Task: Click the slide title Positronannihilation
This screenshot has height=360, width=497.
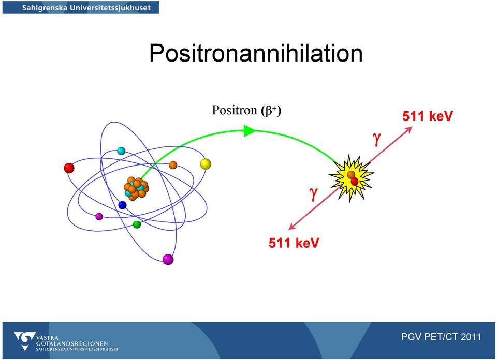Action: [x=256, y=53]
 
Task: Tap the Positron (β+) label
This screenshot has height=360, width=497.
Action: [x=246, y=111]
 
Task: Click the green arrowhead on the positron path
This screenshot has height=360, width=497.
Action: [x=250, y=131]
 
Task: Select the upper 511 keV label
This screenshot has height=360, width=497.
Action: [x=428, y=116]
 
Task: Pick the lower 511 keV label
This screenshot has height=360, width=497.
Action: [x=294, y=243]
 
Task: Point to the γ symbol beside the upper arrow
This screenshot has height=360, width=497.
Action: [x=376, y=139]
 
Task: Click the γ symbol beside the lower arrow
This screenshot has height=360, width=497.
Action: [x=314, y=193]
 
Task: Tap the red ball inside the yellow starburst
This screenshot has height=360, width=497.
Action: [x=355, y=181]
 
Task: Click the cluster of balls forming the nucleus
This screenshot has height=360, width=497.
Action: [x=136, y=188]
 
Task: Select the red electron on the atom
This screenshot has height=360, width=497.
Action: [x=69, y=168]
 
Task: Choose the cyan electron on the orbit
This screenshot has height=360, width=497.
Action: [x=121, y=151]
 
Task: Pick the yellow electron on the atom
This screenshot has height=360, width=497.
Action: [x=206, y=164]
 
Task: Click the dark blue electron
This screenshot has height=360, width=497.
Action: [x=122, y=205]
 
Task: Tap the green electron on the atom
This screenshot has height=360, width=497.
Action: [x=137, y=224]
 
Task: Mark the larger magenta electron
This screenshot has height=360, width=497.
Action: [x=168, y=259]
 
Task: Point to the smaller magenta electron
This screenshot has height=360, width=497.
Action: [x=99, y=217]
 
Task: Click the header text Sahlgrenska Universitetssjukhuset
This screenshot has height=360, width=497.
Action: [x=86, y=8]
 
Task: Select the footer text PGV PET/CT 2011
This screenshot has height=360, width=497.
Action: [x=441, y=337]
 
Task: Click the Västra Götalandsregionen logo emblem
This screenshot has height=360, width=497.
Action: [x=24, y=341]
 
